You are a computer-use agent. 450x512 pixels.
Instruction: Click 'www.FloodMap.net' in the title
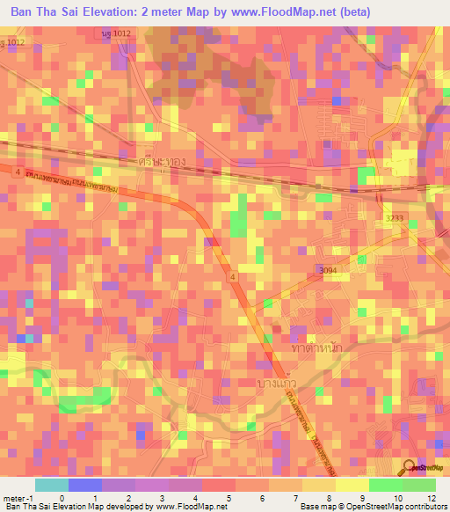coord(275,11)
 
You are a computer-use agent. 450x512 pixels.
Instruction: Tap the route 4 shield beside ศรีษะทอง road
coord(17,172)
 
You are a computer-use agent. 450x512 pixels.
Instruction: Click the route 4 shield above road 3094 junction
coord(233,277)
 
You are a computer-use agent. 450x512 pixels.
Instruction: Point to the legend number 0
coord(61,497)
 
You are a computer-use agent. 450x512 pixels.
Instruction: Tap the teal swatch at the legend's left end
coord(51,485)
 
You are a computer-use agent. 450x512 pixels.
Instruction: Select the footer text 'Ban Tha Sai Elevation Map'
coord(53,507)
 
